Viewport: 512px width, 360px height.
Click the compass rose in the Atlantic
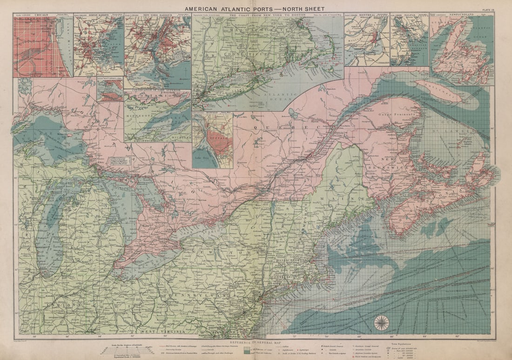[x=382, y=322]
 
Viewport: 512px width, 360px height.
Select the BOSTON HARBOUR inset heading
[x=99, y=15]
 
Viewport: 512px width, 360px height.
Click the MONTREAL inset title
[x=367, y=15]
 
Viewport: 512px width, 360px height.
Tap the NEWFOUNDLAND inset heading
[x=461, y=15]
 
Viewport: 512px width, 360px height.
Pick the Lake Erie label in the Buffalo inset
[x=203, y=160]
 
